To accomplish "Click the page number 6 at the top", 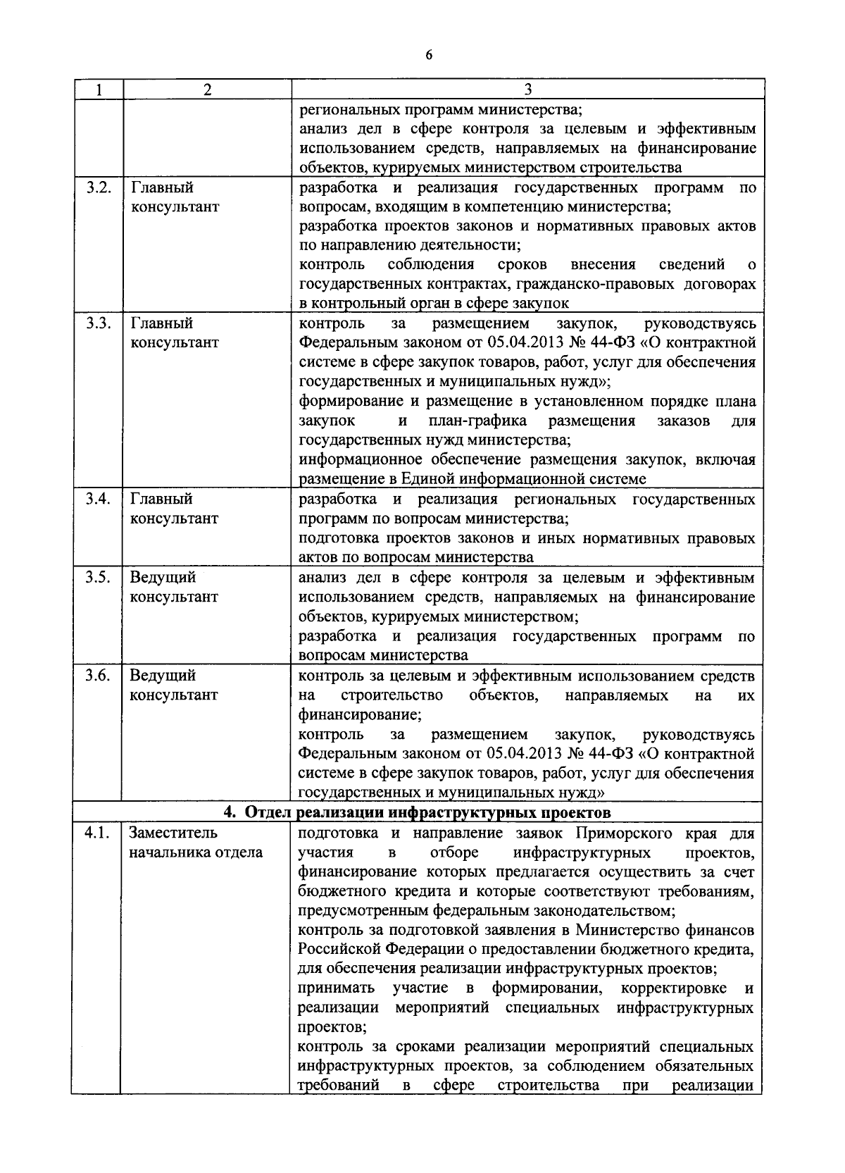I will [x=428, y=56].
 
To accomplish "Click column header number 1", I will [x=98, y=89].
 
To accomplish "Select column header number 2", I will [x=206, y=89].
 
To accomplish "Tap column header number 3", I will [x=527, y=89].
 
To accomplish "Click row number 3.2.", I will [x=99, y=188].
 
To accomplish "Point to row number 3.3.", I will [x=99, y=324].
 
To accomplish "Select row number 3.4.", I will [x=99, y=499].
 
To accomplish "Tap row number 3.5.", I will [x=99, y=578].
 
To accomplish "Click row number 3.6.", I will [x=99, y=676].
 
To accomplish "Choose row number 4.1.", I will [x=97, y=833].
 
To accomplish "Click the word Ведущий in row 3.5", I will [x=162, y=578].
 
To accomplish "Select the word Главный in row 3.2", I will [x=162, y=188].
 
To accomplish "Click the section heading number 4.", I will [x=229, y=812].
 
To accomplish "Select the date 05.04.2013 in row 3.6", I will [x=527, y=754].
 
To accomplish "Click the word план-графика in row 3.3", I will [x=477, y=421].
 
